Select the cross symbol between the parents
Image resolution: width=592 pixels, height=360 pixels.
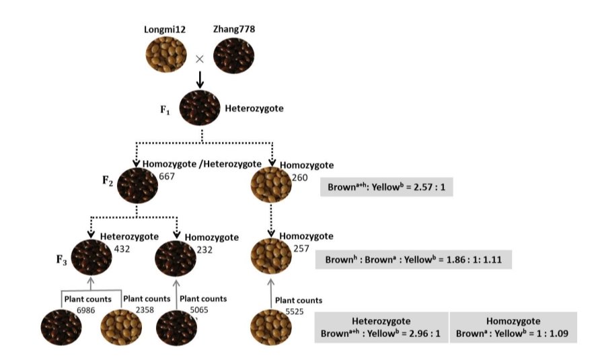click(199, 59)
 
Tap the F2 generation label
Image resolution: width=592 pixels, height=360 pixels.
click(107, 180)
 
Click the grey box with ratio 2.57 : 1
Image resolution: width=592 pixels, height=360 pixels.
click(387, 186)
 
